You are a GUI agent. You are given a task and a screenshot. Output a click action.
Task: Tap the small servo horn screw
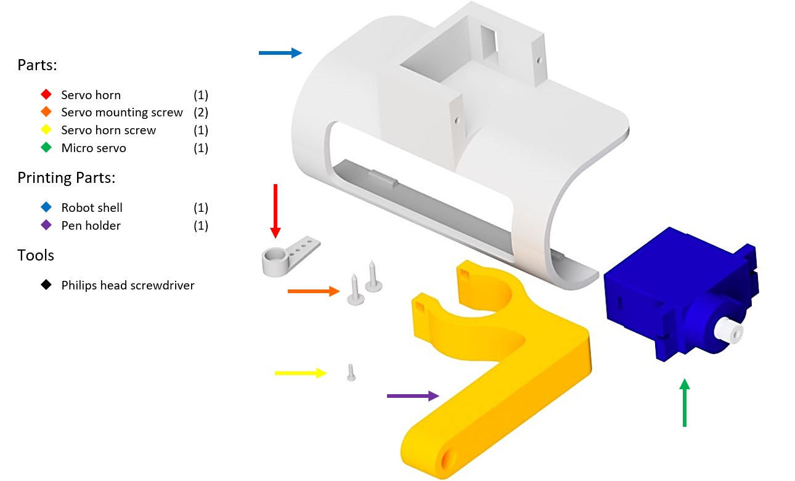pyautogui.click(x=351, y=373)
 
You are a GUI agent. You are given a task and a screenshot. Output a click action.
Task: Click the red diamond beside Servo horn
pyautogui.click(x=46, y=95)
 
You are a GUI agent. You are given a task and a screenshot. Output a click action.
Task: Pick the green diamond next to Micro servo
pyautogui.click(x=46, y=148)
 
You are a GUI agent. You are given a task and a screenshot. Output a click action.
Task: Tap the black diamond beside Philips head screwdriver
pyautogui.click(x=46, y=285)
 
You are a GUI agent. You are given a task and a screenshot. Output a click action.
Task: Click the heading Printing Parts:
pyautogui.click(x=66, y=178)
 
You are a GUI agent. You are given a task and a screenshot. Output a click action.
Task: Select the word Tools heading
pyautogui.click(x=36, y=255)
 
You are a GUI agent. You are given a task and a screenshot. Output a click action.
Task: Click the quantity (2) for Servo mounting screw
pyautogui.click(x=201, y=113)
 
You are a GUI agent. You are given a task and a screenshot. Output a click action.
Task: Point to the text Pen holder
pyautogui.click(x=91, y=225)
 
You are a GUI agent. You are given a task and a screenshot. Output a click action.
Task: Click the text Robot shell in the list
pyautogui.click(x=92, y=208)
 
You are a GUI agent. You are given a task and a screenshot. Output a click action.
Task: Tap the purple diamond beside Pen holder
pyautogui.click(x=46, y=225)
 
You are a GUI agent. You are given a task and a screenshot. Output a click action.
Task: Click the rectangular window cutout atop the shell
pyautogui.click(x=489, y=39)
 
